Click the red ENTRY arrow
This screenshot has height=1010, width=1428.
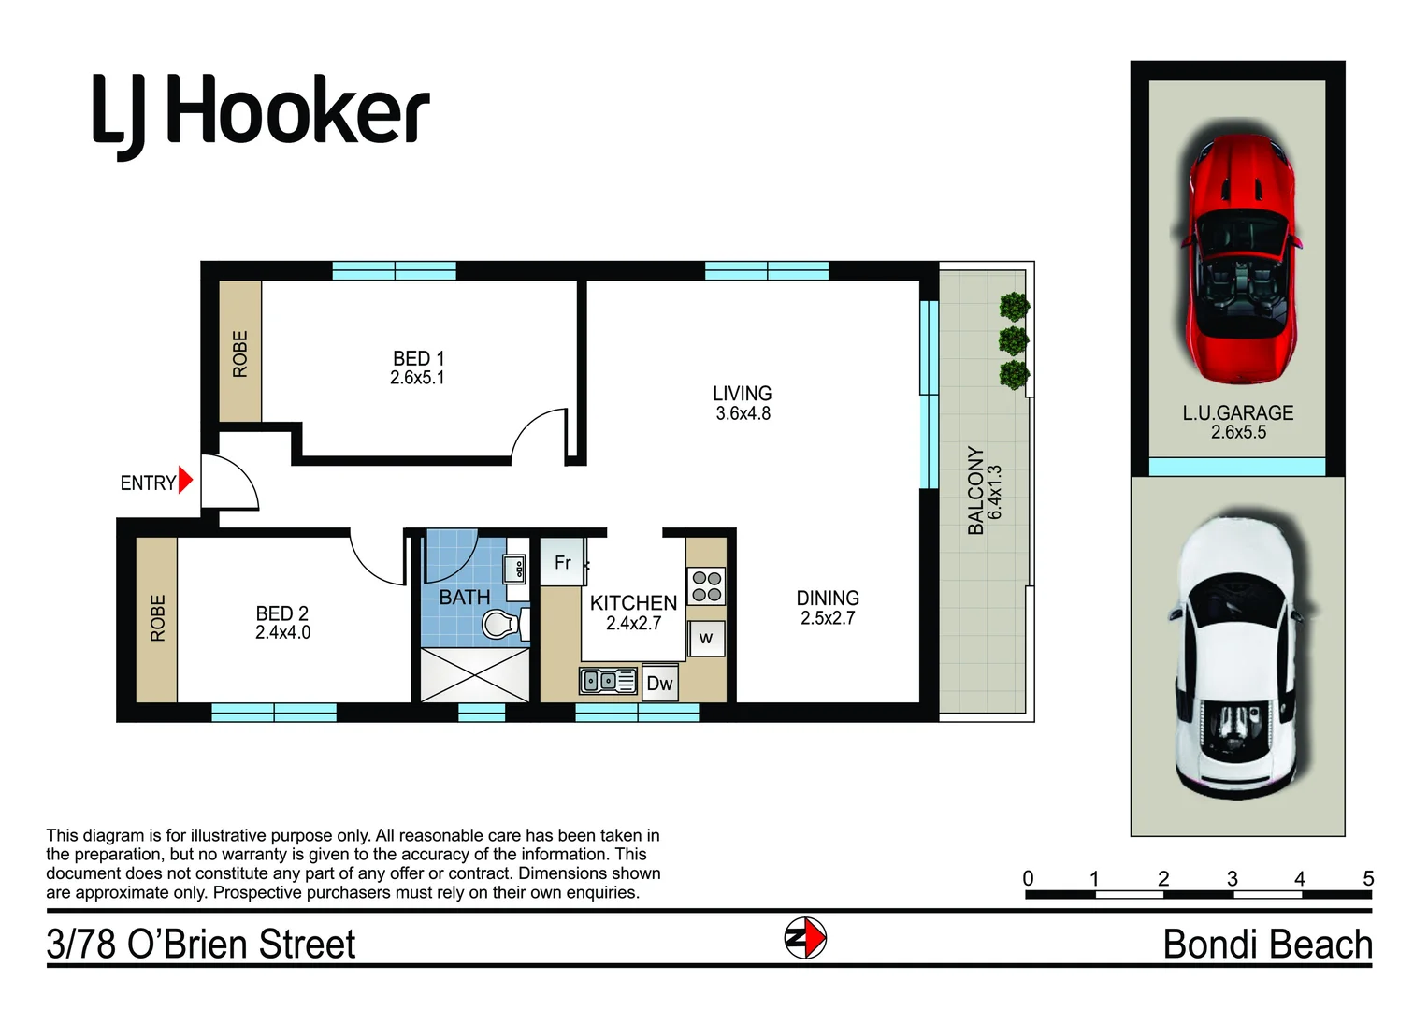185,480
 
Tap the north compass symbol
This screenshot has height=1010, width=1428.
805,938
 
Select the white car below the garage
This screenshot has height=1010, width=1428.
1236,656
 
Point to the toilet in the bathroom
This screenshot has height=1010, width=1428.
504,624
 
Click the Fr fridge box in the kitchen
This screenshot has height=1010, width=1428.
562,562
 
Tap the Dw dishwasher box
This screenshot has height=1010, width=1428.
659,683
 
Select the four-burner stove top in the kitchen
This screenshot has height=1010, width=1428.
706,586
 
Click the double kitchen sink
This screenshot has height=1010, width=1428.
608,681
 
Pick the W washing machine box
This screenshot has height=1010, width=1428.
706,638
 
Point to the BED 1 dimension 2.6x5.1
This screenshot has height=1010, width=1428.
417,378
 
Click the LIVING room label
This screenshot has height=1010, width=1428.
742,393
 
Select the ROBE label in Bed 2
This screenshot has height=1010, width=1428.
157,618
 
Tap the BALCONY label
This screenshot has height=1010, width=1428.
975,490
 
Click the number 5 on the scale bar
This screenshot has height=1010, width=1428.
1368,878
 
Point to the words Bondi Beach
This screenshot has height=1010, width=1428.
1267,944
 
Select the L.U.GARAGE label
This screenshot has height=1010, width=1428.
1238,412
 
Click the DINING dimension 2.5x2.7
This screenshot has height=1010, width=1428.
828,618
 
